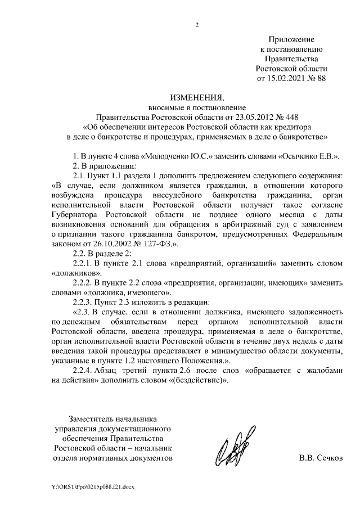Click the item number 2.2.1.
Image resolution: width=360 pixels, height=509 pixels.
(x=85, y=263)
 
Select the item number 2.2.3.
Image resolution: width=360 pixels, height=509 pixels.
(x=85, y=301)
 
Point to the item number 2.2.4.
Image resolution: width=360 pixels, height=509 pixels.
(x=85, y=370)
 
